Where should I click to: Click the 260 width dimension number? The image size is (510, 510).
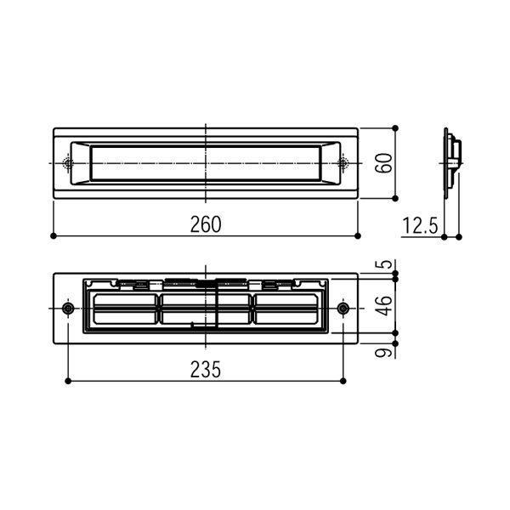tap(206, 224)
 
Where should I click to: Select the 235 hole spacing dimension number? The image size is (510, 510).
tap(206, 369)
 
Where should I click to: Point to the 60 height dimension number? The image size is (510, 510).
tap(384, 163)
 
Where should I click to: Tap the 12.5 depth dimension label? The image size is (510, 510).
tap(420, 225)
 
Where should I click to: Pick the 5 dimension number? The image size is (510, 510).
tap(385, 264)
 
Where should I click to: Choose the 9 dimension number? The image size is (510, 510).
tap(384, 353)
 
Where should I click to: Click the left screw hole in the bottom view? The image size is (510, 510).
tap(68, 308)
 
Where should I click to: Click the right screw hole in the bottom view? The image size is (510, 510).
tap(343, 308)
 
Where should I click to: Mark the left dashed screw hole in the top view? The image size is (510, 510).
tap(68, 163)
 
